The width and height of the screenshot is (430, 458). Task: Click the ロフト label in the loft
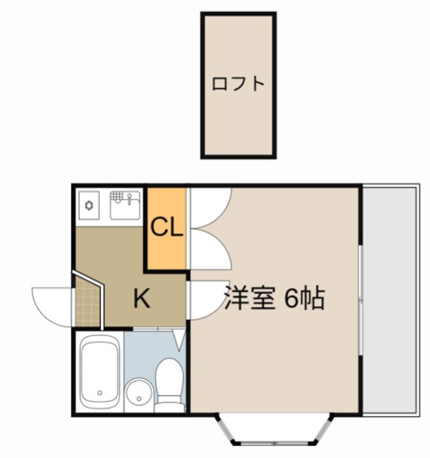point(238,83)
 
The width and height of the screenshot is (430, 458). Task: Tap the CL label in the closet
point(167,227)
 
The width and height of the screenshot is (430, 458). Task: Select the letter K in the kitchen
point(141,298)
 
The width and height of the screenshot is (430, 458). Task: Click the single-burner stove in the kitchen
point(90,205)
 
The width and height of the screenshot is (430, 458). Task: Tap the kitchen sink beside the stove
point(125,205)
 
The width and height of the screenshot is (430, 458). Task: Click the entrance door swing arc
point(52,305)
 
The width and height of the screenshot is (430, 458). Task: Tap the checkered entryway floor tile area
point(87,306)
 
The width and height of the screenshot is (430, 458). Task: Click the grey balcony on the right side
point(391,299)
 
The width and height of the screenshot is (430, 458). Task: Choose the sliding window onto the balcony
point(360,299)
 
